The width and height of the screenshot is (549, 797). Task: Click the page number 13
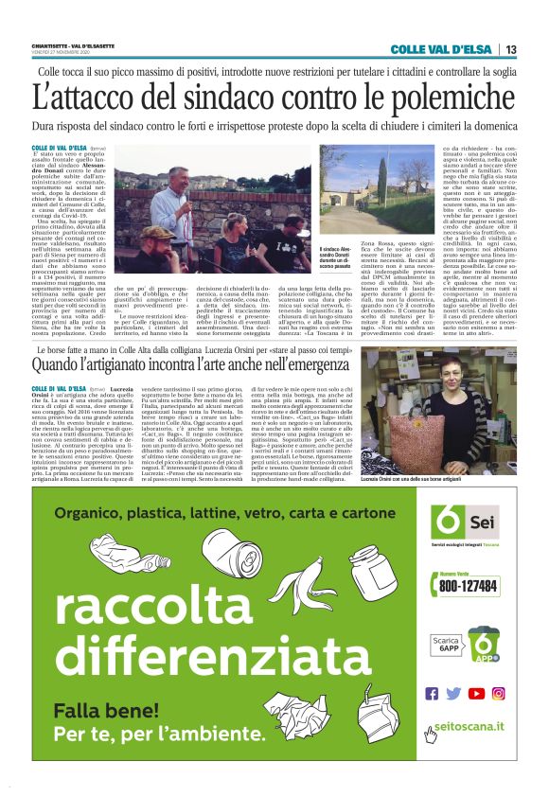tap(511, 50)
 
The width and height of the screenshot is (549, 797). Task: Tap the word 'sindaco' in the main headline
tap(246, 97)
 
